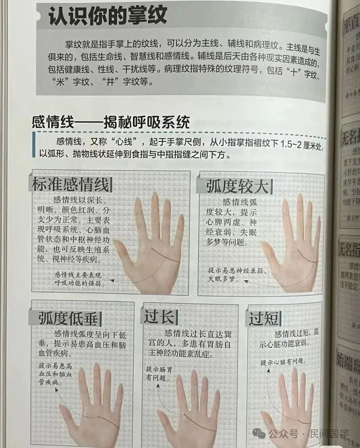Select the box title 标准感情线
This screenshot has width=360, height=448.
pos(70,185)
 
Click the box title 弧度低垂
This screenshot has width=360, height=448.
pos(68,318)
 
